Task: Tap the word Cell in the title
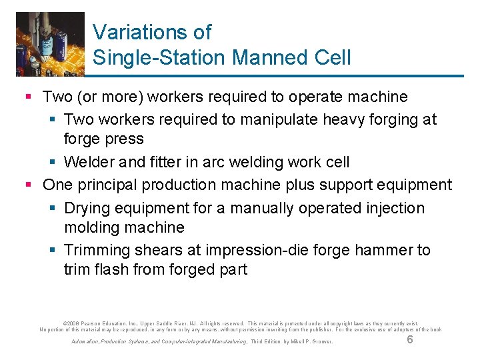pyautogui.click(x=331, y=58)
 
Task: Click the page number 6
pyautogui.click(x=410, y=339)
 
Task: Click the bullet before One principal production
pyautogui.click(x=29, y=185)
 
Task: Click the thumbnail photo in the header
pyautogui.click(x=50, y=43)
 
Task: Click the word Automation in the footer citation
pyautogui.click(x=85, y=342)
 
